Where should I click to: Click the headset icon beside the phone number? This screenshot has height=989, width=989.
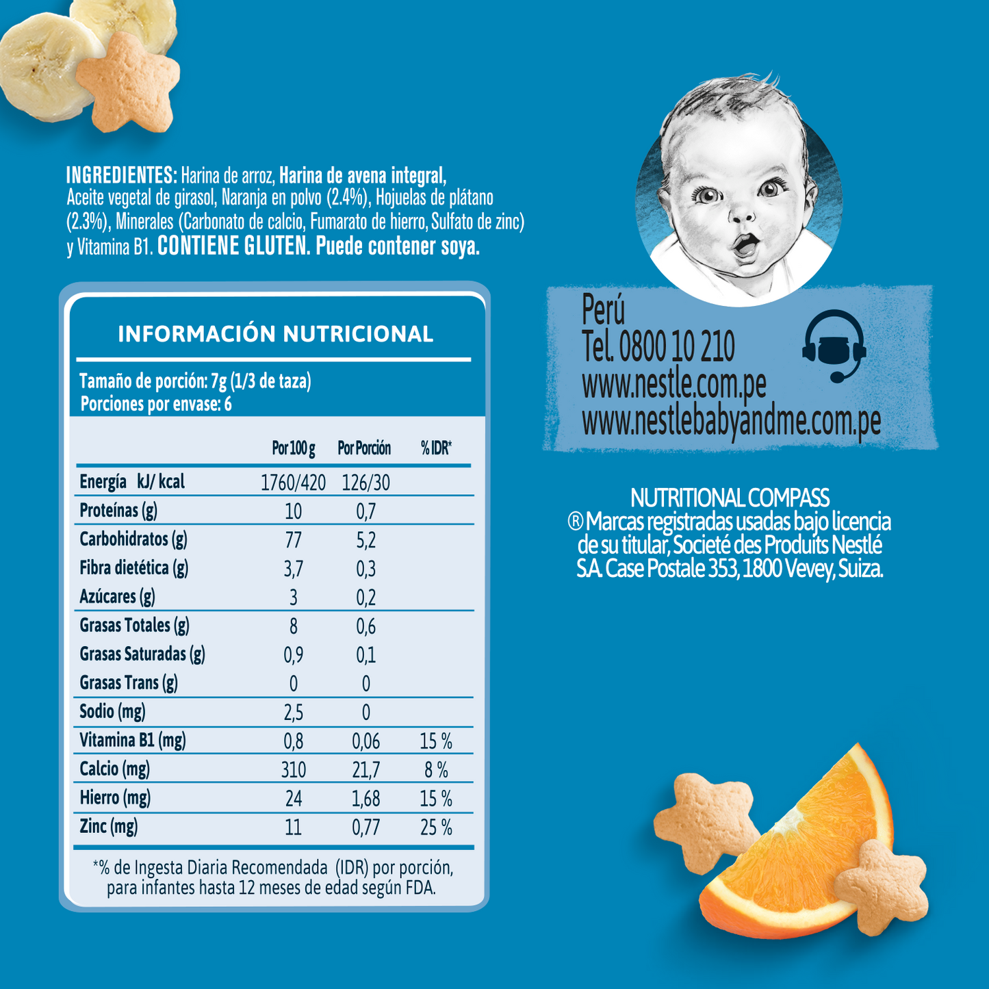pyautogui.click(x=834, y=346)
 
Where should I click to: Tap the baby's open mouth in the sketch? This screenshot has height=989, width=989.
pyautogui.click(x=746, y=245)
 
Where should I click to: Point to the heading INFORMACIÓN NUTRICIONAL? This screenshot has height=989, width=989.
pyautogui.click(x=275, y=334)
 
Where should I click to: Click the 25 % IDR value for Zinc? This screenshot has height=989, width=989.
pyautogui.click(x=436, y=828)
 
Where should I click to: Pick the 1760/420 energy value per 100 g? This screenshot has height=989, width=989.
pyautogui.click(x=293, y=483)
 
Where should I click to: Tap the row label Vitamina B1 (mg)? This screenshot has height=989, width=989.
pyautogui.click(x=133, y=740)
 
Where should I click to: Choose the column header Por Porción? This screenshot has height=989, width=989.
pyautogui.click(x=364, y=448)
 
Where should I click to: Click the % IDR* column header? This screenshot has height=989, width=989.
pyautogui.click(x=436, y=448)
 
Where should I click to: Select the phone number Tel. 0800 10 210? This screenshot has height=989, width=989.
pyautogui.click(x=658, y=346)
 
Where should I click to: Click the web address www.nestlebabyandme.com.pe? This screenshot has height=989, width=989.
pyautogui.click(x=731, y=422)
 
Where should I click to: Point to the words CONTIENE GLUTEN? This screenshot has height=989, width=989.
pyautogui.click(x=233, y=246)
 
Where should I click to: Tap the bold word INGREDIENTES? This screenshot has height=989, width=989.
pyautogui.click(x=121, y=175)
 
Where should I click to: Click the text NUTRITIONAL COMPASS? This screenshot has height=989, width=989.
pyautogui.click(x=730, y=498)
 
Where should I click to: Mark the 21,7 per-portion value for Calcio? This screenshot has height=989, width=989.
pyautogui.click(x=366, y=771)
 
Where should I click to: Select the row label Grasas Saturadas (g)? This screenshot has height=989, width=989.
pyautogui.click(x=142, y=654)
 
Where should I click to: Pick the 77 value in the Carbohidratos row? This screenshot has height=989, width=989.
pyautogui.click(x=293, y=541)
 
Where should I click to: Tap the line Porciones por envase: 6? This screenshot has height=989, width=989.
pyautogui.click(x=156, y=404)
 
